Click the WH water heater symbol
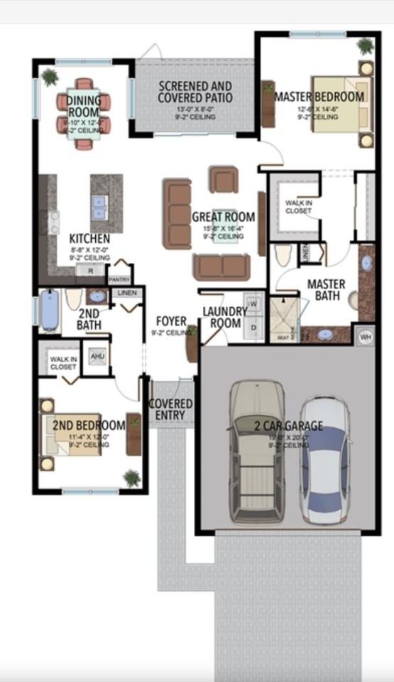[365, 335]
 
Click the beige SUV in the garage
[258, 452]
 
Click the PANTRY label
[119, 280]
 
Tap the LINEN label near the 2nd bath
[127, 293]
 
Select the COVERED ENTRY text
[170, 409]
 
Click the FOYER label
[171, 322]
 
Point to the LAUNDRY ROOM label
[225, 317]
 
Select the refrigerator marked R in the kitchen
[91, 271]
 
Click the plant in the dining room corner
[50, 75]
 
